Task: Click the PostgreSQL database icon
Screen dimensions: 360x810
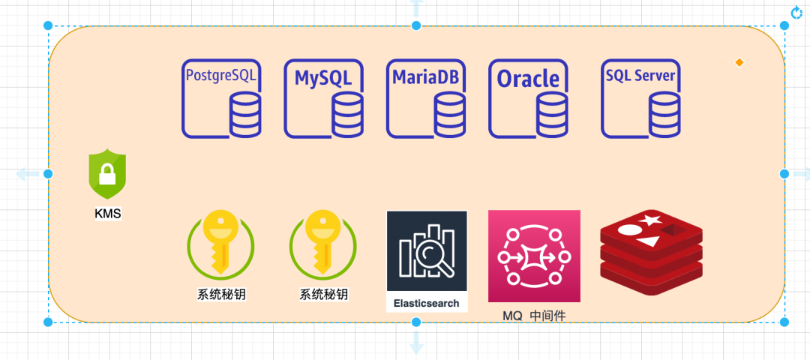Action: click(x=222, y=99)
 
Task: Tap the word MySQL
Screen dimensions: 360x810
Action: click(x=323, y=77)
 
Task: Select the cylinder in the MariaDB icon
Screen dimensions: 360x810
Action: click(x=449, y=115)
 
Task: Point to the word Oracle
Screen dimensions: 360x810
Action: click(x=529, y=78)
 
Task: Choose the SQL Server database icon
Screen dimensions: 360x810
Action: click(x=641, y=99)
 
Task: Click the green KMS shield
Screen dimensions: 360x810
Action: click(x=107, y=174)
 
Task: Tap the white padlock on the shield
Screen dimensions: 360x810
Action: click(x=107, y=177)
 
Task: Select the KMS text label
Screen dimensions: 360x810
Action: click(x=107, y=214)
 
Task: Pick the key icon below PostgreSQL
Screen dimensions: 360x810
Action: click(x=220, y=244)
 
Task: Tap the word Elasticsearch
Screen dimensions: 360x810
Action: click(x=427, y=304)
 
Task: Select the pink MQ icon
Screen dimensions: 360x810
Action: click(x=534, y=256)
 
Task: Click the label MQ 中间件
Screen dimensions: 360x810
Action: click(x=534, y=316)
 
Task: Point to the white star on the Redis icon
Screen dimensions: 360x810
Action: click(x=651, y=220)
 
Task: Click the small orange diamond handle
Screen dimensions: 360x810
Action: click(x=739, y=62)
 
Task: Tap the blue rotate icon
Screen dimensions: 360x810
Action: click(x=797, y=12)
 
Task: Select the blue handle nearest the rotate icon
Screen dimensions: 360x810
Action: click(x=784, y=25)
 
